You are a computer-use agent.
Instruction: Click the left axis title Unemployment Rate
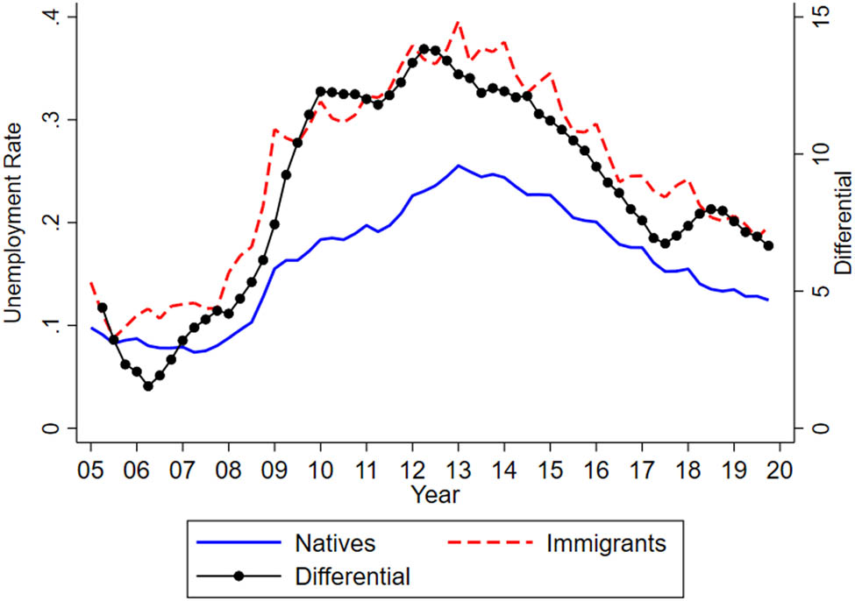pos(15,223)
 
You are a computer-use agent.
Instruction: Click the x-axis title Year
pos(434,495)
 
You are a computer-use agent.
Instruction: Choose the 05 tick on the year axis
pos(90,470)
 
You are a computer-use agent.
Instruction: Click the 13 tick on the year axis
pos(458,470)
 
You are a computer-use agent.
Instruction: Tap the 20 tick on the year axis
pos(780,470)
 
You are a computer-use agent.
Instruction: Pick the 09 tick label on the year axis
pos(274,470)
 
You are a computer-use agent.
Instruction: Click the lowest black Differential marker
pos(148,386)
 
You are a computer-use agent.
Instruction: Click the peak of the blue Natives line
pos(458,166)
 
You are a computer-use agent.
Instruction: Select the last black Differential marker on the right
pos(768,246)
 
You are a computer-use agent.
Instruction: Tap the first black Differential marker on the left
pos(102,308)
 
